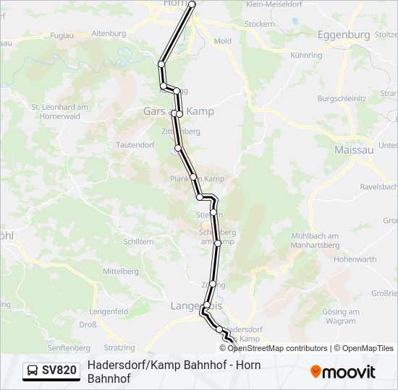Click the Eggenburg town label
pos(344,34)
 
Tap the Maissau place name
pos(354,149)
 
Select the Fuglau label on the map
pos(63,34)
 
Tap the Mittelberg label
pos(120,272)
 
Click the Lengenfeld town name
pos(109,311)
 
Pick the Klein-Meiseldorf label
pos(276,4)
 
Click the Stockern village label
pos(260,24)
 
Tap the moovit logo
pos(343,372)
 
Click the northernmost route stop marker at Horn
pos(192,4)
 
